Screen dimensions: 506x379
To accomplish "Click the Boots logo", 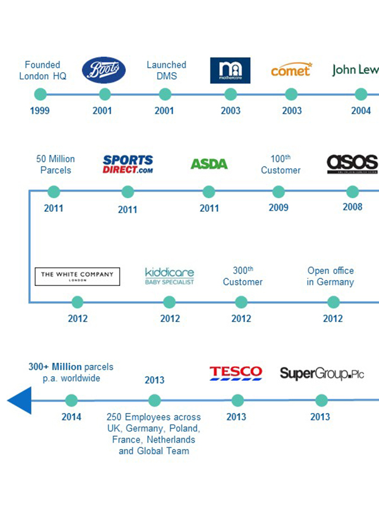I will (105, 70).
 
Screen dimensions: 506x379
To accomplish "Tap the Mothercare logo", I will (230, 71).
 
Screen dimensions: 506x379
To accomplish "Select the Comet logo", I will (291, 70).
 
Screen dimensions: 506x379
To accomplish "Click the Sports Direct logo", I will (128, 164).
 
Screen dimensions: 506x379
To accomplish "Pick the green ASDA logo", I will (209, 164).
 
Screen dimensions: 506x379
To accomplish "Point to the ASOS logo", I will (352, 164).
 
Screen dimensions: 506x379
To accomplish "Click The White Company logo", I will (77, 276).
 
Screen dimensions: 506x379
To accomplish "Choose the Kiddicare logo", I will (169, 276).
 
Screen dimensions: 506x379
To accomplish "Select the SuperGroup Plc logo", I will (322, 373).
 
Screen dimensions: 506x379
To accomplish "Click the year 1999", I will (39, 111).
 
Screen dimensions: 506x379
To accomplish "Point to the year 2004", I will (361, 111).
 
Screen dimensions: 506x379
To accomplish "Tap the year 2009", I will (278, 207).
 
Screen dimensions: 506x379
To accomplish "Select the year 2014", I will (71, 417).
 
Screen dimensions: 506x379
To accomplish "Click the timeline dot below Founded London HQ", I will (40, 94).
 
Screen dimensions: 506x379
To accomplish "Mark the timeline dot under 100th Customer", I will (279, 192).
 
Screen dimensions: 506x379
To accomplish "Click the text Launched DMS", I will (166, 70).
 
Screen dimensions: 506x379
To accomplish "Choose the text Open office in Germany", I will (330, 276).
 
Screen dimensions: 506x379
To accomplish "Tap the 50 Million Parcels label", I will (56, 164).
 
